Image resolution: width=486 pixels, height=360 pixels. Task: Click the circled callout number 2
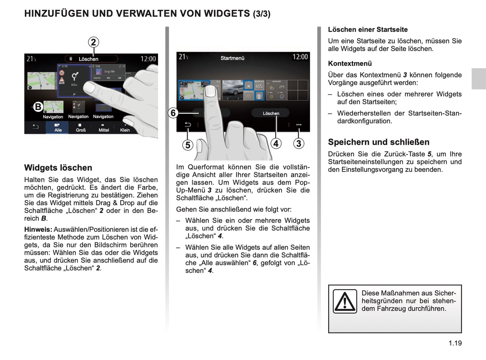94,42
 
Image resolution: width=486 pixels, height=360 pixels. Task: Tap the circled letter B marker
38,107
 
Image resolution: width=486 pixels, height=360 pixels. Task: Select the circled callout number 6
173,113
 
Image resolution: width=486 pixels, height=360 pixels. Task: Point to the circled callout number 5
188,145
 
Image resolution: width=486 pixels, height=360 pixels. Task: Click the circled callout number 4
276,144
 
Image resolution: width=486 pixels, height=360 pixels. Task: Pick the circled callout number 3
299,144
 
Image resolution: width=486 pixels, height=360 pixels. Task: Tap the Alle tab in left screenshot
58,128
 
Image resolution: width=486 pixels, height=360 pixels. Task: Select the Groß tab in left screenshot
81,128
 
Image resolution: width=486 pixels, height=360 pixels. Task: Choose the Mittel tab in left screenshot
104,128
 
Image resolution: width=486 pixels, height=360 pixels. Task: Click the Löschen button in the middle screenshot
271,113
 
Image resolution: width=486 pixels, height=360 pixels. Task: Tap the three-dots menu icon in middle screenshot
299,125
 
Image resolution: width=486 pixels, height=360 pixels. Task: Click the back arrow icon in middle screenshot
188,125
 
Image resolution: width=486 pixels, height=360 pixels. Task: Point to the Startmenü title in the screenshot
232,58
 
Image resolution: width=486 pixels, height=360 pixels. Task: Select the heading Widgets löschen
58,168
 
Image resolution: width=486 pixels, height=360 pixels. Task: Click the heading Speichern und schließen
379,142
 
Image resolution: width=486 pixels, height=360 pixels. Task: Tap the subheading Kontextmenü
350,64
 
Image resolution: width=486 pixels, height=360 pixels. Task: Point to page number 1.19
455,343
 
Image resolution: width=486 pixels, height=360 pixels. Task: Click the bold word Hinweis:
38,229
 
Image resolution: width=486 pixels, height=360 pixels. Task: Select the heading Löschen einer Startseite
368,30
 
